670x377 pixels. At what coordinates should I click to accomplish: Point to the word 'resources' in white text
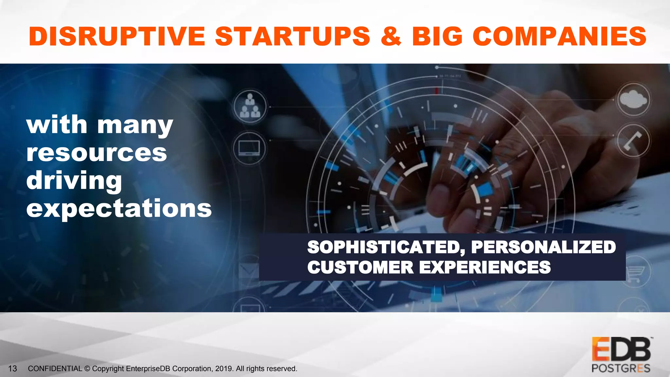(97, 153)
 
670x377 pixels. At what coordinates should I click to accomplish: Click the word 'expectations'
(119, 208)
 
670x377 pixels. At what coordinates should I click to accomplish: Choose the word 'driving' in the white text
(74, 181)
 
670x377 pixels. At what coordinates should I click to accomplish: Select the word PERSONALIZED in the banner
(543, 247)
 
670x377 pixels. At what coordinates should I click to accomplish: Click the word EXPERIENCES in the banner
(485, 267)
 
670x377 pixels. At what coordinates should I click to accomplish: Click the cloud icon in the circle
(633, 99)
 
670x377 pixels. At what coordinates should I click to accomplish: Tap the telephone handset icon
(633, 141)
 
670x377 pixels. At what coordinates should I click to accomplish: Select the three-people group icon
(250, 106)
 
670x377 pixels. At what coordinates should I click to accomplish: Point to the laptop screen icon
(249, 148)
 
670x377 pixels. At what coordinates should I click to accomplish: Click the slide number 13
(12, 368)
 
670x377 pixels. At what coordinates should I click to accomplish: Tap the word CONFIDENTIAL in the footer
(55, 368)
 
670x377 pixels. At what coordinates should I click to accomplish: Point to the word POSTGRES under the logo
(621, 368)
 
